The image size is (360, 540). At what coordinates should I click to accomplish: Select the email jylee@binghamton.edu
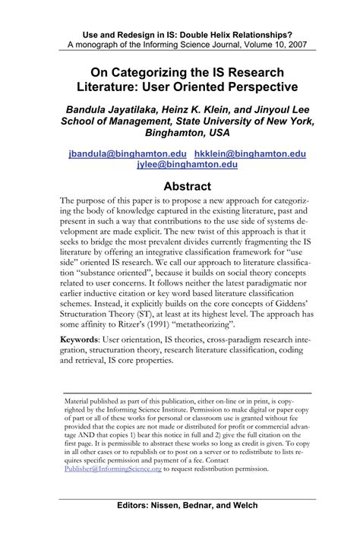179,164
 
